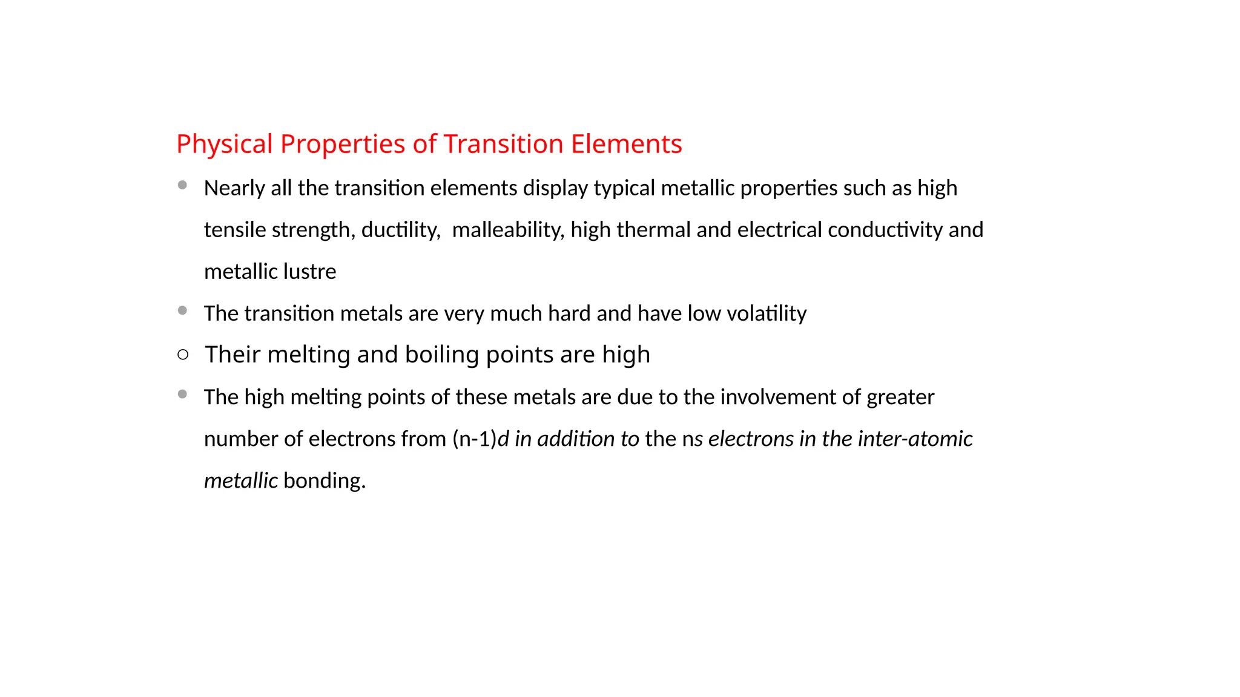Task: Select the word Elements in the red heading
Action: [627, 145]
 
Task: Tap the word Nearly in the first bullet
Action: [234, 189]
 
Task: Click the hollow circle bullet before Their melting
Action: [183, 355]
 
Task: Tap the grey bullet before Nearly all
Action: [182, 185]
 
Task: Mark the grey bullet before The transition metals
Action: [182, 310]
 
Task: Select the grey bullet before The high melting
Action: [182, 394]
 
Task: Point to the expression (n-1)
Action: [474, 439]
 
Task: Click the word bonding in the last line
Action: [325, 481]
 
